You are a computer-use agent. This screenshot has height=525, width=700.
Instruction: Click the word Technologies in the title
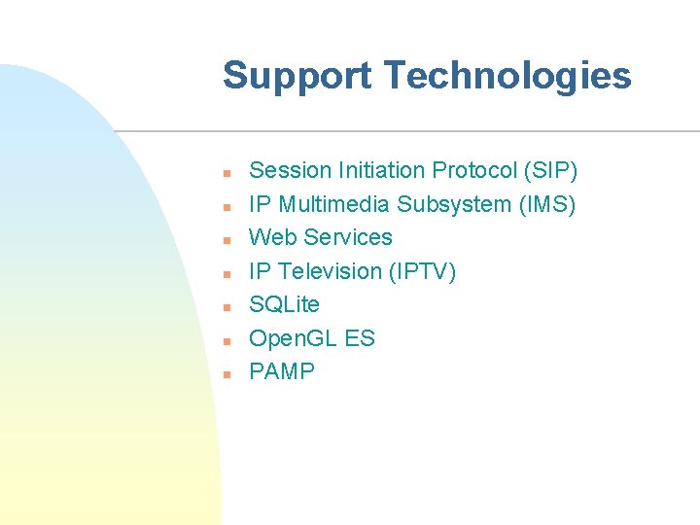coord(507,76)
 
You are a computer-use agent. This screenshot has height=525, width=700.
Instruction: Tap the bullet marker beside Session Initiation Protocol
coord(225,173)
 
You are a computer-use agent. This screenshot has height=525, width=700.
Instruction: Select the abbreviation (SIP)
coord(550,171)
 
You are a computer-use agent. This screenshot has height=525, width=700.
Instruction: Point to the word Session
coord(291,171)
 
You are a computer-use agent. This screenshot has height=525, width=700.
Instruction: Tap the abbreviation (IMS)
coord(546,205)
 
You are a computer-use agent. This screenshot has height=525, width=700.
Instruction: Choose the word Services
coord(348,238)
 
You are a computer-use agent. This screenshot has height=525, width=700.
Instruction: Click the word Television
coord(331,272)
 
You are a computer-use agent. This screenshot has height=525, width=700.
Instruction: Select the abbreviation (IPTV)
coord(422,272)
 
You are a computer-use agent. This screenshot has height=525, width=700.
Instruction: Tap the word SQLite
coord(284,305)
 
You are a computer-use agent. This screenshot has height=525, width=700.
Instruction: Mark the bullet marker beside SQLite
coord(225,307)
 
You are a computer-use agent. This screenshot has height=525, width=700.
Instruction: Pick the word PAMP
coord(282,372)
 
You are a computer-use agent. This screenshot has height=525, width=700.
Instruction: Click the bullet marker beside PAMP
coord(225,374)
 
